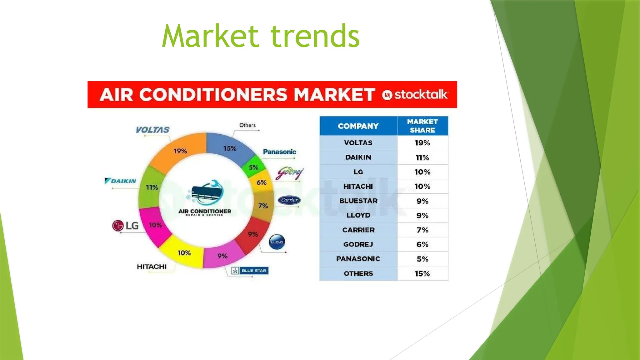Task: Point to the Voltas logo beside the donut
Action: point(152,130)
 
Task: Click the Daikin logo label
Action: point(121,181)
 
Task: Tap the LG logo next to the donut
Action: point(125,225)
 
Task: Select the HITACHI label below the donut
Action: point(152,267)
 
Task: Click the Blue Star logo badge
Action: point(249,271)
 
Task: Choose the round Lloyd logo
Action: point(277,242)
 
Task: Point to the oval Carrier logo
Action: point(289,200)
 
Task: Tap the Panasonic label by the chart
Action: point(279,152)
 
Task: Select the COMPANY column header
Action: point(358,126)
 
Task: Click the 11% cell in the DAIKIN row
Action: point(422,157)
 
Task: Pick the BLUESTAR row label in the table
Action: point(358,201)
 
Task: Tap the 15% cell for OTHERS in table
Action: point(422,273)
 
